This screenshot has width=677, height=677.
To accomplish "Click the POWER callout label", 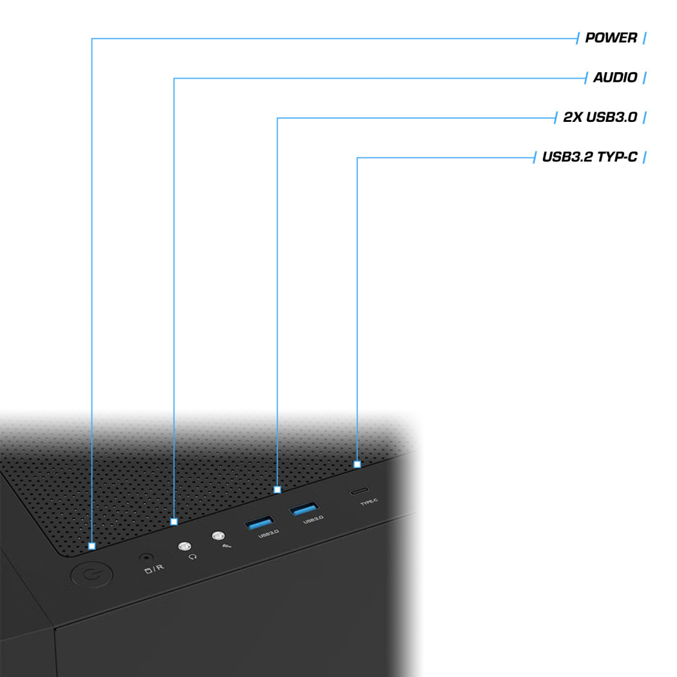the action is pyautogui.click(x=611, y=38).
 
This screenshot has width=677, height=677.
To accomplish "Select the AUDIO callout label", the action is pyautogui.click(x=615, y=78).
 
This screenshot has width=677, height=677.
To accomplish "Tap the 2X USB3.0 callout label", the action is pyautogui.click(x=600, y=117).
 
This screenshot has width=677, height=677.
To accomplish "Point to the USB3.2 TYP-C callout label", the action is pyautogui.click(x=590, y=157).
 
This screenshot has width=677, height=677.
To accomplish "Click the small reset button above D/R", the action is pyautogui.click(x=146, y=558).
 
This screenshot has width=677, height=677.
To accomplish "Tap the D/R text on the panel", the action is pyautogui.click(x=154, y=569).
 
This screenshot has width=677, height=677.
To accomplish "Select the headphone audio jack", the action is pyautogui.click(x=185, y=546).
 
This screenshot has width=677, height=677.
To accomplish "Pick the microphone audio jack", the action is pyautogui.click(x=219, y=536).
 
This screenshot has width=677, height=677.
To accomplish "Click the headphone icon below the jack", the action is pyautogui.click(x=193, y=557).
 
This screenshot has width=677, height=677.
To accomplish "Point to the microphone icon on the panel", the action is pyautogui.click(x=226, y=546).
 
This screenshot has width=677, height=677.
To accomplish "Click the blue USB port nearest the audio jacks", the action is pyautogui.click(x=259, y=522).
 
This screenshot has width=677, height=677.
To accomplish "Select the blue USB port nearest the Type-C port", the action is pyautogui.click(x=304, y=509).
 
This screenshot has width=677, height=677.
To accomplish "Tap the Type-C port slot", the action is pyautogui.click(x=359, y=491).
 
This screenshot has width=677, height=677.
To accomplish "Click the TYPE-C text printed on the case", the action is pyautogui.click(x=369, y=502).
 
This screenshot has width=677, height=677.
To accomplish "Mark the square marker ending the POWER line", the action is pyautogui.click(x=92, y=546).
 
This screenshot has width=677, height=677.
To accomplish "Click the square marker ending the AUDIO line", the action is pyautogui.click(x=174, y=522).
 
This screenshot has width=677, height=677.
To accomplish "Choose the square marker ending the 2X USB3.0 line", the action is pyautogui.click(x=277, y=489).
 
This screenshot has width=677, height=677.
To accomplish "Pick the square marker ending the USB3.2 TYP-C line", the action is pyautogui.click(x=357, y=465).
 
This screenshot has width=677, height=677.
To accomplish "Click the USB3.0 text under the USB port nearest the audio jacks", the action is pyautogui.click(x=269, y=534).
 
